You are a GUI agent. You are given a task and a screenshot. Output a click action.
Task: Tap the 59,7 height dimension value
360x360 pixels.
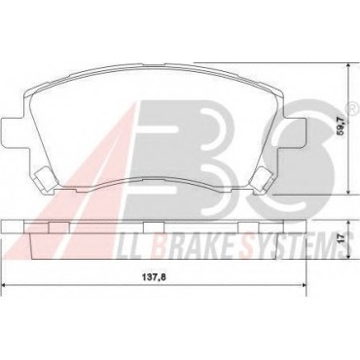[x=343, y=126]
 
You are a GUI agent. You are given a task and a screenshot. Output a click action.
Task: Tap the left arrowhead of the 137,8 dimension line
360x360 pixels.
[x=5, y=285]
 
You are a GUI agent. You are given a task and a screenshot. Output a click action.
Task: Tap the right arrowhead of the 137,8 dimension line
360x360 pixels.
[x=304, y=285]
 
